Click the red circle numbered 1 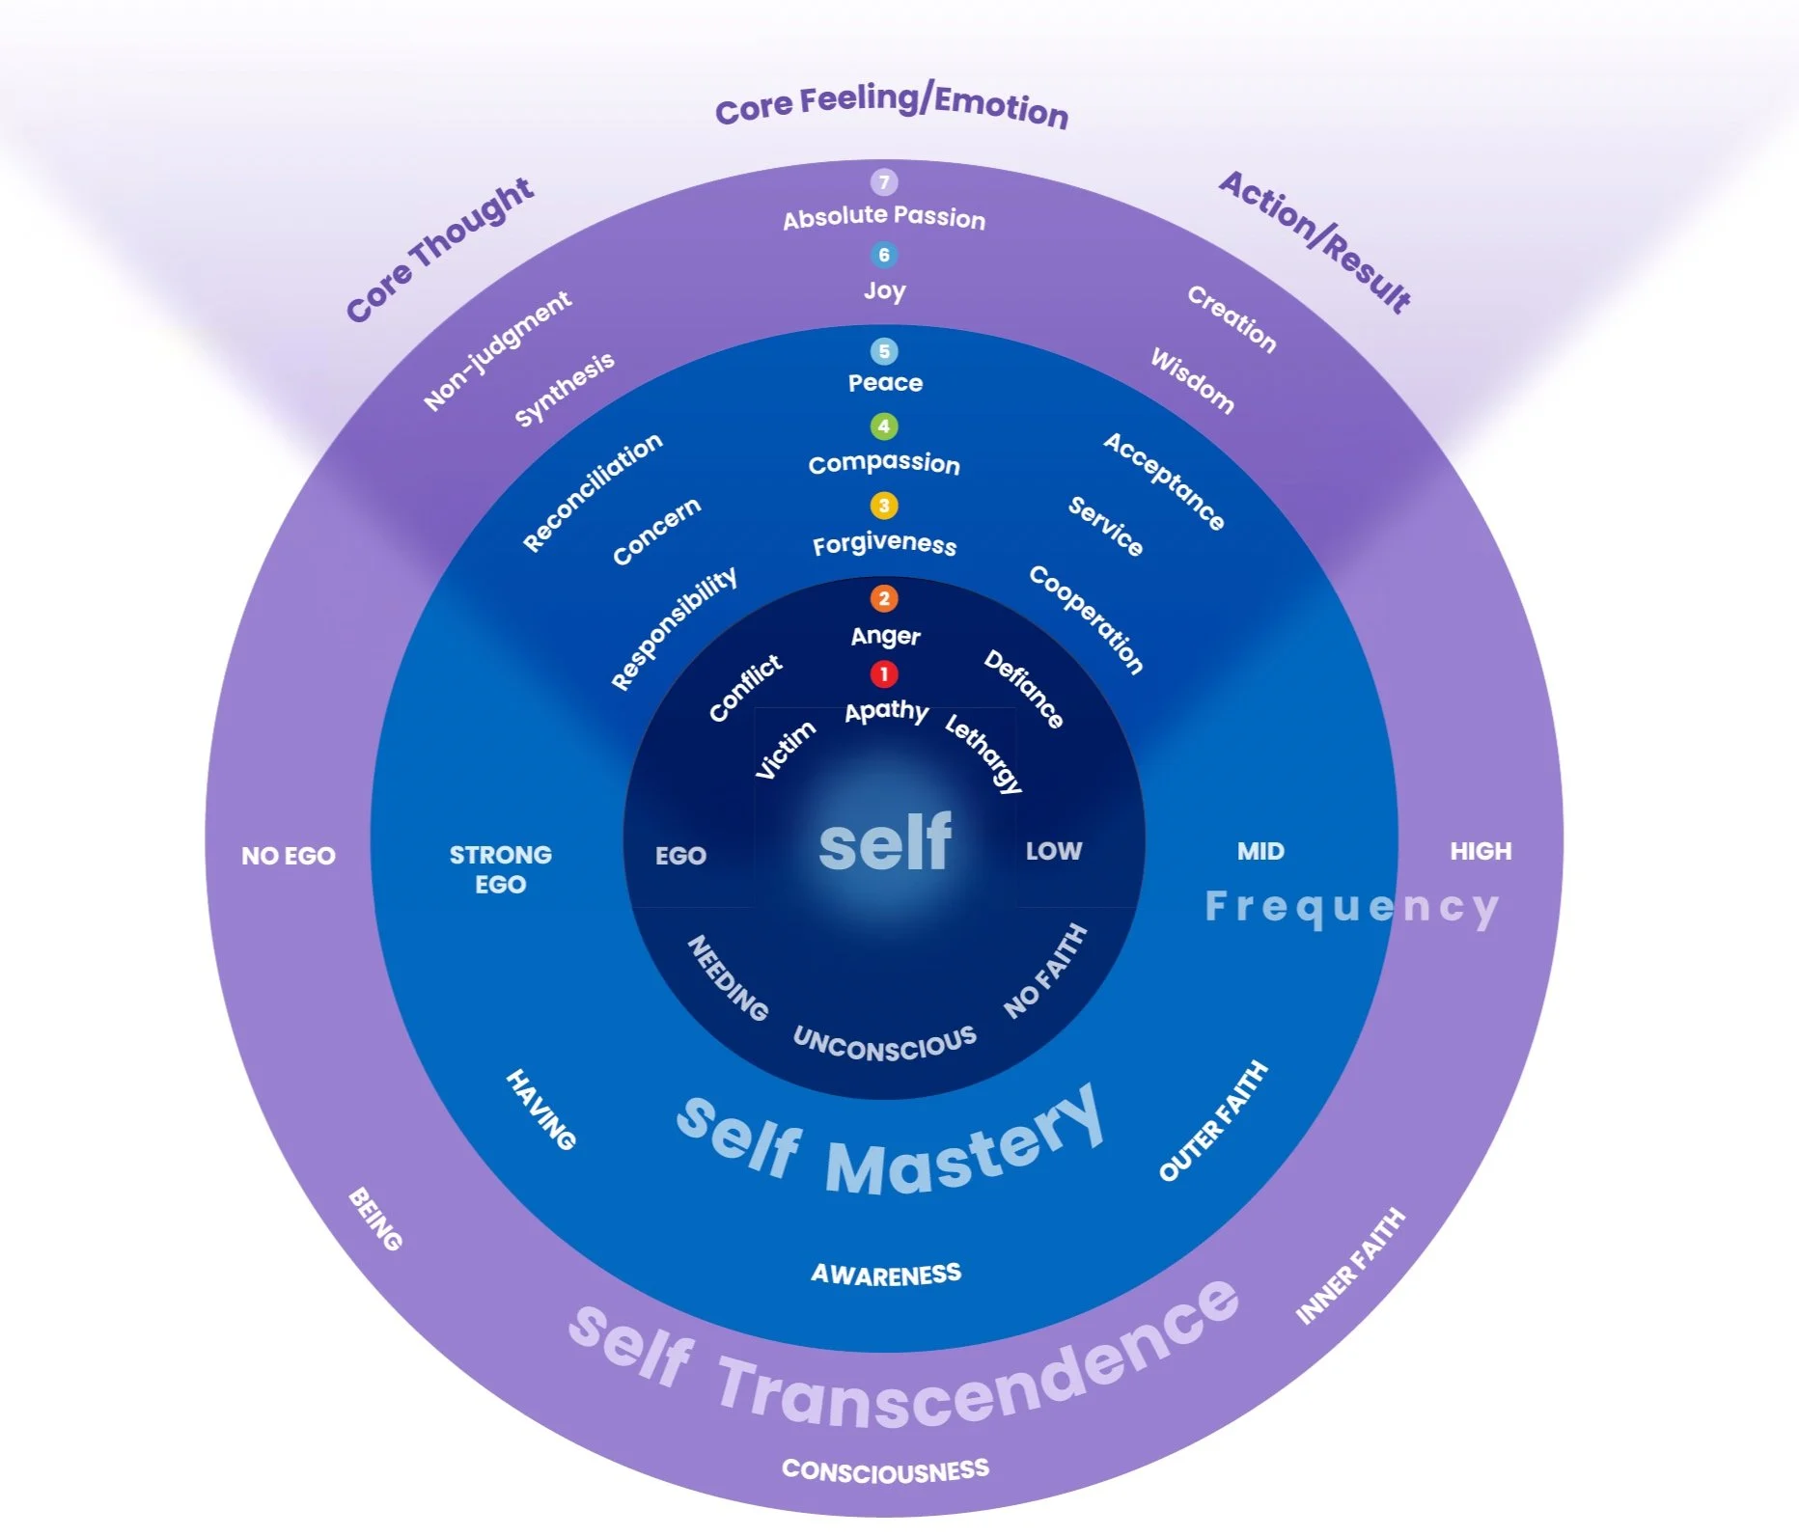coord(883,673)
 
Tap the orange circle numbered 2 coord(883,598)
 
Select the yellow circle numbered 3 coord(883,506)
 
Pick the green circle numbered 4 coord(883,425)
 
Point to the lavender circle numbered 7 coord(883,181)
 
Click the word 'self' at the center coord(885,842)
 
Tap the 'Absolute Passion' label coord(884,217)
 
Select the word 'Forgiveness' coord(884,544)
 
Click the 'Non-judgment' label coord(497,350)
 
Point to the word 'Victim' coord(785,750)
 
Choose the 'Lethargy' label coord(983,753)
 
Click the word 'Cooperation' coord(1087,618)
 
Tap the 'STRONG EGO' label coord(500,869)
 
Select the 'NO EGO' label coord(288,856)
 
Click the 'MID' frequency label coord(1260,851)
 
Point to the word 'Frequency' coord(1351,907)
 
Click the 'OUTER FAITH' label coord(1213,1121)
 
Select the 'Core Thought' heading coord(439,249)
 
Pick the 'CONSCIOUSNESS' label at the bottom coord(885,1469)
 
